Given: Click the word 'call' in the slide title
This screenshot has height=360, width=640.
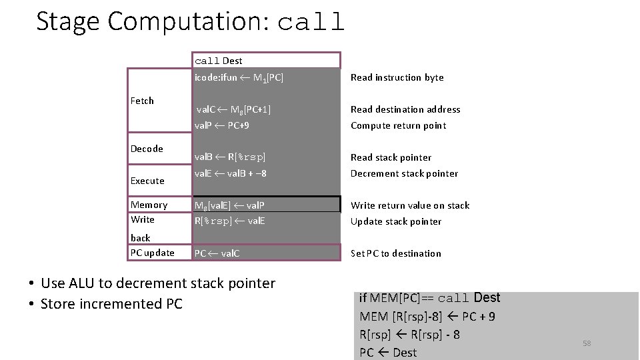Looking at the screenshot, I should (x=311, y=23).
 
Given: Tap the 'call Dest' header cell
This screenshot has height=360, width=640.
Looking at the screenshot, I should (x=219, y=61).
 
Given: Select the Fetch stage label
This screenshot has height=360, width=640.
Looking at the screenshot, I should (x=142, y=101).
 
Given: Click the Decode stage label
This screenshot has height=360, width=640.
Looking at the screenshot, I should (x=147, y=149).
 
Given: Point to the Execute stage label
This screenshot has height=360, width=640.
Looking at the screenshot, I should (x=147, y=181).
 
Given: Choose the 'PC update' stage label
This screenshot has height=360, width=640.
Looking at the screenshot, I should (x=152, y=253).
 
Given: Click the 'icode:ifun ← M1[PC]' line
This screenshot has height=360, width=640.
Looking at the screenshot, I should (x=239, y=77).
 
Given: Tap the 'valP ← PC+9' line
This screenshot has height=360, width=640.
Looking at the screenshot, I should (x=222, y=125).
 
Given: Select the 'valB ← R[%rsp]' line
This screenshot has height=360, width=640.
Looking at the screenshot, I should (x=229, y=157).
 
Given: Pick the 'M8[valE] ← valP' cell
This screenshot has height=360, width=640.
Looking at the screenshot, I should (x=231, y=205).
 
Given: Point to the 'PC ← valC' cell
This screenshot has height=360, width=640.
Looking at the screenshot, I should (x=217, y=253).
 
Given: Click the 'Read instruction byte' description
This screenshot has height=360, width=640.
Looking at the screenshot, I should (x=397, y=77).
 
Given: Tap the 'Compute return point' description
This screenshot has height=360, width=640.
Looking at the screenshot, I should (x=398, y=125).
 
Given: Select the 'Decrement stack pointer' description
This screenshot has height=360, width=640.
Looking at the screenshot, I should (x=404, y=173).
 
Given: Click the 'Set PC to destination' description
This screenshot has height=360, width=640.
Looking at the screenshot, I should (x=396, y=253).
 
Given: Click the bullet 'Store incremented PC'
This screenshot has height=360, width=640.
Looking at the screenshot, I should (x=111, y=305).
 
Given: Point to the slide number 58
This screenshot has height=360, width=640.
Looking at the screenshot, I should (x=587, y=343).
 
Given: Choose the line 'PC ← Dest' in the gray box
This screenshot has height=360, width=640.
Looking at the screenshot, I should (x=388, y=352).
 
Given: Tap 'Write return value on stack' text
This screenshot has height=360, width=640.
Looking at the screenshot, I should (x=410, y=205).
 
